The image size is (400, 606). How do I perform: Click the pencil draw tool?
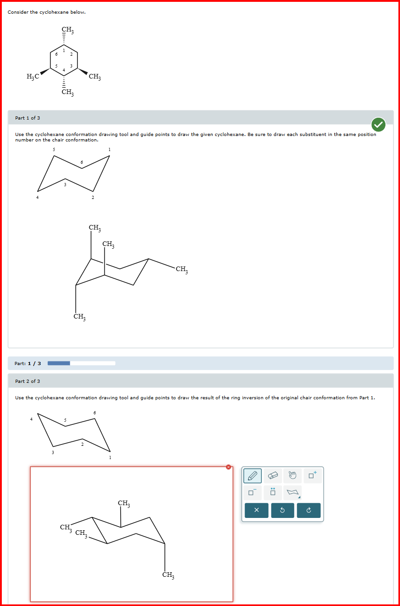tap(252, 476)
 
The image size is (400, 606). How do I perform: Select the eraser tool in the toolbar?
tap(273, 476)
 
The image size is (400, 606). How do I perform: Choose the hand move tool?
tap(292, 476)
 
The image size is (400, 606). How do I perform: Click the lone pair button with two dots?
tap(273, 492)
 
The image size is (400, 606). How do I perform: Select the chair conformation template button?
tap(292, 492)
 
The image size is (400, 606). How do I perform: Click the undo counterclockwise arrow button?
tap(282, 511)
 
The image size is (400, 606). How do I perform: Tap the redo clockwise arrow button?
tap(308, 511)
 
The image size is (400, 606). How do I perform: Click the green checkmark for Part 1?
tap(378, 124)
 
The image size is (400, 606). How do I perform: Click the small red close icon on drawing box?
tap(229, 467)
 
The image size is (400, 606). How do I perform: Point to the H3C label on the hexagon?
tap(33, 77)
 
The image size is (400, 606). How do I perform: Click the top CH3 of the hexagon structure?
tap(67, 31)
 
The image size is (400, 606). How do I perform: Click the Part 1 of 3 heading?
tap(27, 118)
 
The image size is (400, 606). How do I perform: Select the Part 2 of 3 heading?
tap(27, 381)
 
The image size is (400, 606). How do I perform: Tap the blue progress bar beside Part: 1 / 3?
tap(59, 363)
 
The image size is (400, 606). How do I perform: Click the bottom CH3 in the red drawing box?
tap(168, 575)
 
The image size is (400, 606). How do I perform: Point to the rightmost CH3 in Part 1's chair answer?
tap(181, 269)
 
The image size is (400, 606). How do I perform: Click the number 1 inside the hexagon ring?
tap(64, 50)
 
